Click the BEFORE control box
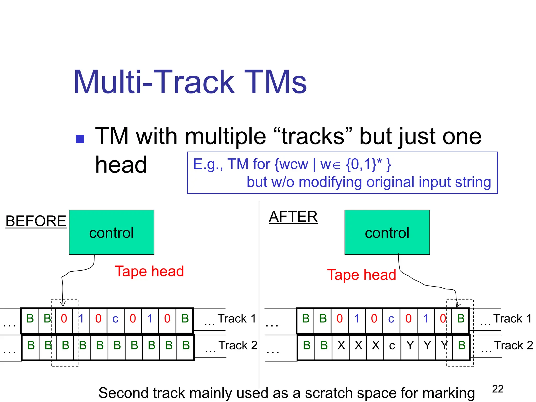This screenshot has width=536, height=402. tap(111, 232)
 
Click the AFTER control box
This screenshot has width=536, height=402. tap(387, 232)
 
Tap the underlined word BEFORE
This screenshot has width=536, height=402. tap(36, 221)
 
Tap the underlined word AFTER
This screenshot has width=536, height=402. tap(293, 217)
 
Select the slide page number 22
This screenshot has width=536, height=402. tap(498, 389)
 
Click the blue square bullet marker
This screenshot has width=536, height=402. tap(80, 139)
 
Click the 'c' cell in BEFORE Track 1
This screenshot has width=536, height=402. tap(115, 319)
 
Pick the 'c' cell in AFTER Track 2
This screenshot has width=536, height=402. tap(392, 345)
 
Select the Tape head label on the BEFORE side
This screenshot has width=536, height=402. tap(149, 271)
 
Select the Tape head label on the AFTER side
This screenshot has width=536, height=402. tap(361, 275)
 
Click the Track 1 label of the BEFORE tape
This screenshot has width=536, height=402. tap(237, 319)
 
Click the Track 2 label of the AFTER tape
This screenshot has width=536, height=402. tap(513, 345)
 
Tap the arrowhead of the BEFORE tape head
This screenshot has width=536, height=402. tap(63, 304)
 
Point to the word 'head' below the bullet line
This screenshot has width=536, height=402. tap(121, 165)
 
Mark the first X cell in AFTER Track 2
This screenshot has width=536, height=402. tap(341, 345)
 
